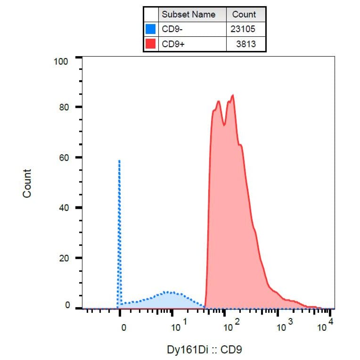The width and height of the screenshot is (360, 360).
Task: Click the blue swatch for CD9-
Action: (151, 29)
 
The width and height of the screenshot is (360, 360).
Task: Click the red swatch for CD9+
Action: (151, 44)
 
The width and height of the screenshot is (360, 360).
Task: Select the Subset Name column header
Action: (188, 14)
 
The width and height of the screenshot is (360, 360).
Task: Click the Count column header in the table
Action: (244, 14)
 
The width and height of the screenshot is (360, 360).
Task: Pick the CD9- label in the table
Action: (172, 29)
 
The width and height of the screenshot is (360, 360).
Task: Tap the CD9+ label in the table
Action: (172, 44)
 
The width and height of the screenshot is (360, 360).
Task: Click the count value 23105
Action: (243, 29)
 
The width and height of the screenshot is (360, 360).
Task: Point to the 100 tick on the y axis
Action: (61, 61)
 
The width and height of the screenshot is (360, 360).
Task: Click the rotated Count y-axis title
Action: (27, 184)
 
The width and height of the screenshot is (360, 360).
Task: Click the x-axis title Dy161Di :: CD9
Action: (205, 350)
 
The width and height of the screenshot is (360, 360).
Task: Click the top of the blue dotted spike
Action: (119, 161)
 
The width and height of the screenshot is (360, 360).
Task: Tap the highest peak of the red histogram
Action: (233, 95)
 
